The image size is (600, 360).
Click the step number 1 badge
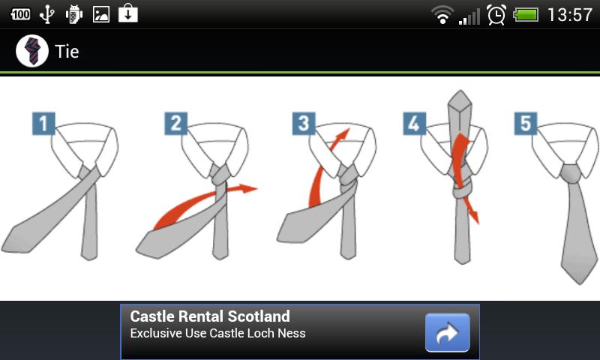[x=43, y=123]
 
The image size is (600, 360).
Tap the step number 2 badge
[x=176, y=123]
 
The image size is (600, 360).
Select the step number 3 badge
[x=304, y=123]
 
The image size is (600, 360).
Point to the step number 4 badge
[x=415, y=123]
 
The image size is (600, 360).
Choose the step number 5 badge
[x=526, y=123]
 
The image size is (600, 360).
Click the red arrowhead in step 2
[x=248, y=187]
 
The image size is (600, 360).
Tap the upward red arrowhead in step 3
[x=343, y=134]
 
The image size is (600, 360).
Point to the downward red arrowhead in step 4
[x=475, y=217]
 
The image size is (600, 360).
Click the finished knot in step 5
[x=571, y=174]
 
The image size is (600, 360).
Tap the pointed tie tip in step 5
[x=579, y=281]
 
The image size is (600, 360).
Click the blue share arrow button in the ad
[x=447, y=332]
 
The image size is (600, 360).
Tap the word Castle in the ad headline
[x=152, y=316]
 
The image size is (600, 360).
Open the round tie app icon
[x=32, y=51]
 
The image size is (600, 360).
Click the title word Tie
[x=67, y=51]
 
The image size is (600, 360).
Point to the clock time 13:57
[x=570, y=15]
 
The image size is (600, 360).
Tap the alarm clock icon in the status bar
[x=496, y=15]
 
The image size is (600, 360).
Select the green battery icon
[x=526, y=15]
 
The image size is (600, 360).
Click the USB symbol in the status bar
[x=47, y=14]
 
